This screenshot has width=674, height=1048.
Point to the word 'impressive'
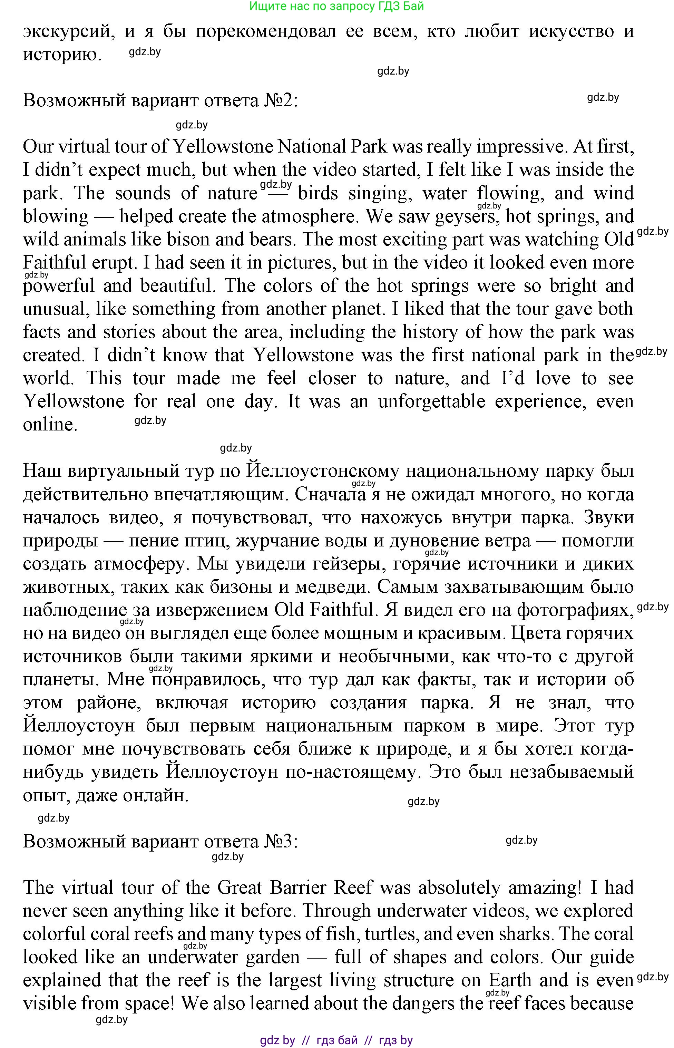point(520,147)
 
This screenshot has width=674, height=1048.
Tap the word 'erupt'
point(114,263)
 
